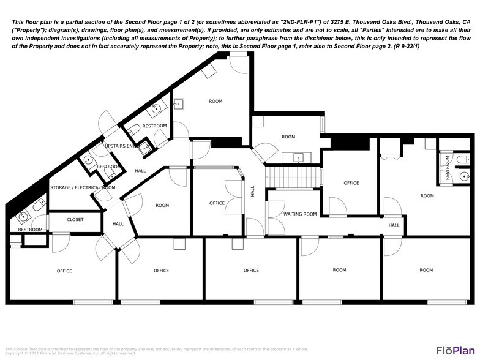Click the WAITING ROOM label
pos(300,214)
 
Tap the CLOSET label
pos(75,220)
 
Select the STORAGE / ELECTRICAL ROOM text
pos(83,187)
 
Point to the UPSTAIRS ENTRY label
pos(119,146)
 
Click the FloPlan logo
pos(456,350)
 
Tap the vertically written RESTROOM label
pos(448,174)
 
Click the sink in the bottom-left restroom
pos(24,216)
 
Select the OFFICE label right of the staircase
pos(351,183)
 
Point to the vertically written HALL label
pos(252,192)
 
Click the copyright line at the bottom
pos(70,353)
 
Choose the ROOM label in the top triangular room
pos(216,101)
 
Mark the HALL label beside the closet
pos(118,224)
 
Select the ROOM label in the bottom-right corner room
pos(426,270)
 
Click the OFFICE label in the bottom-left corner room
pos(64,271)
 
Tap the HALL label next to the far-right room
pos(394,225)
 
